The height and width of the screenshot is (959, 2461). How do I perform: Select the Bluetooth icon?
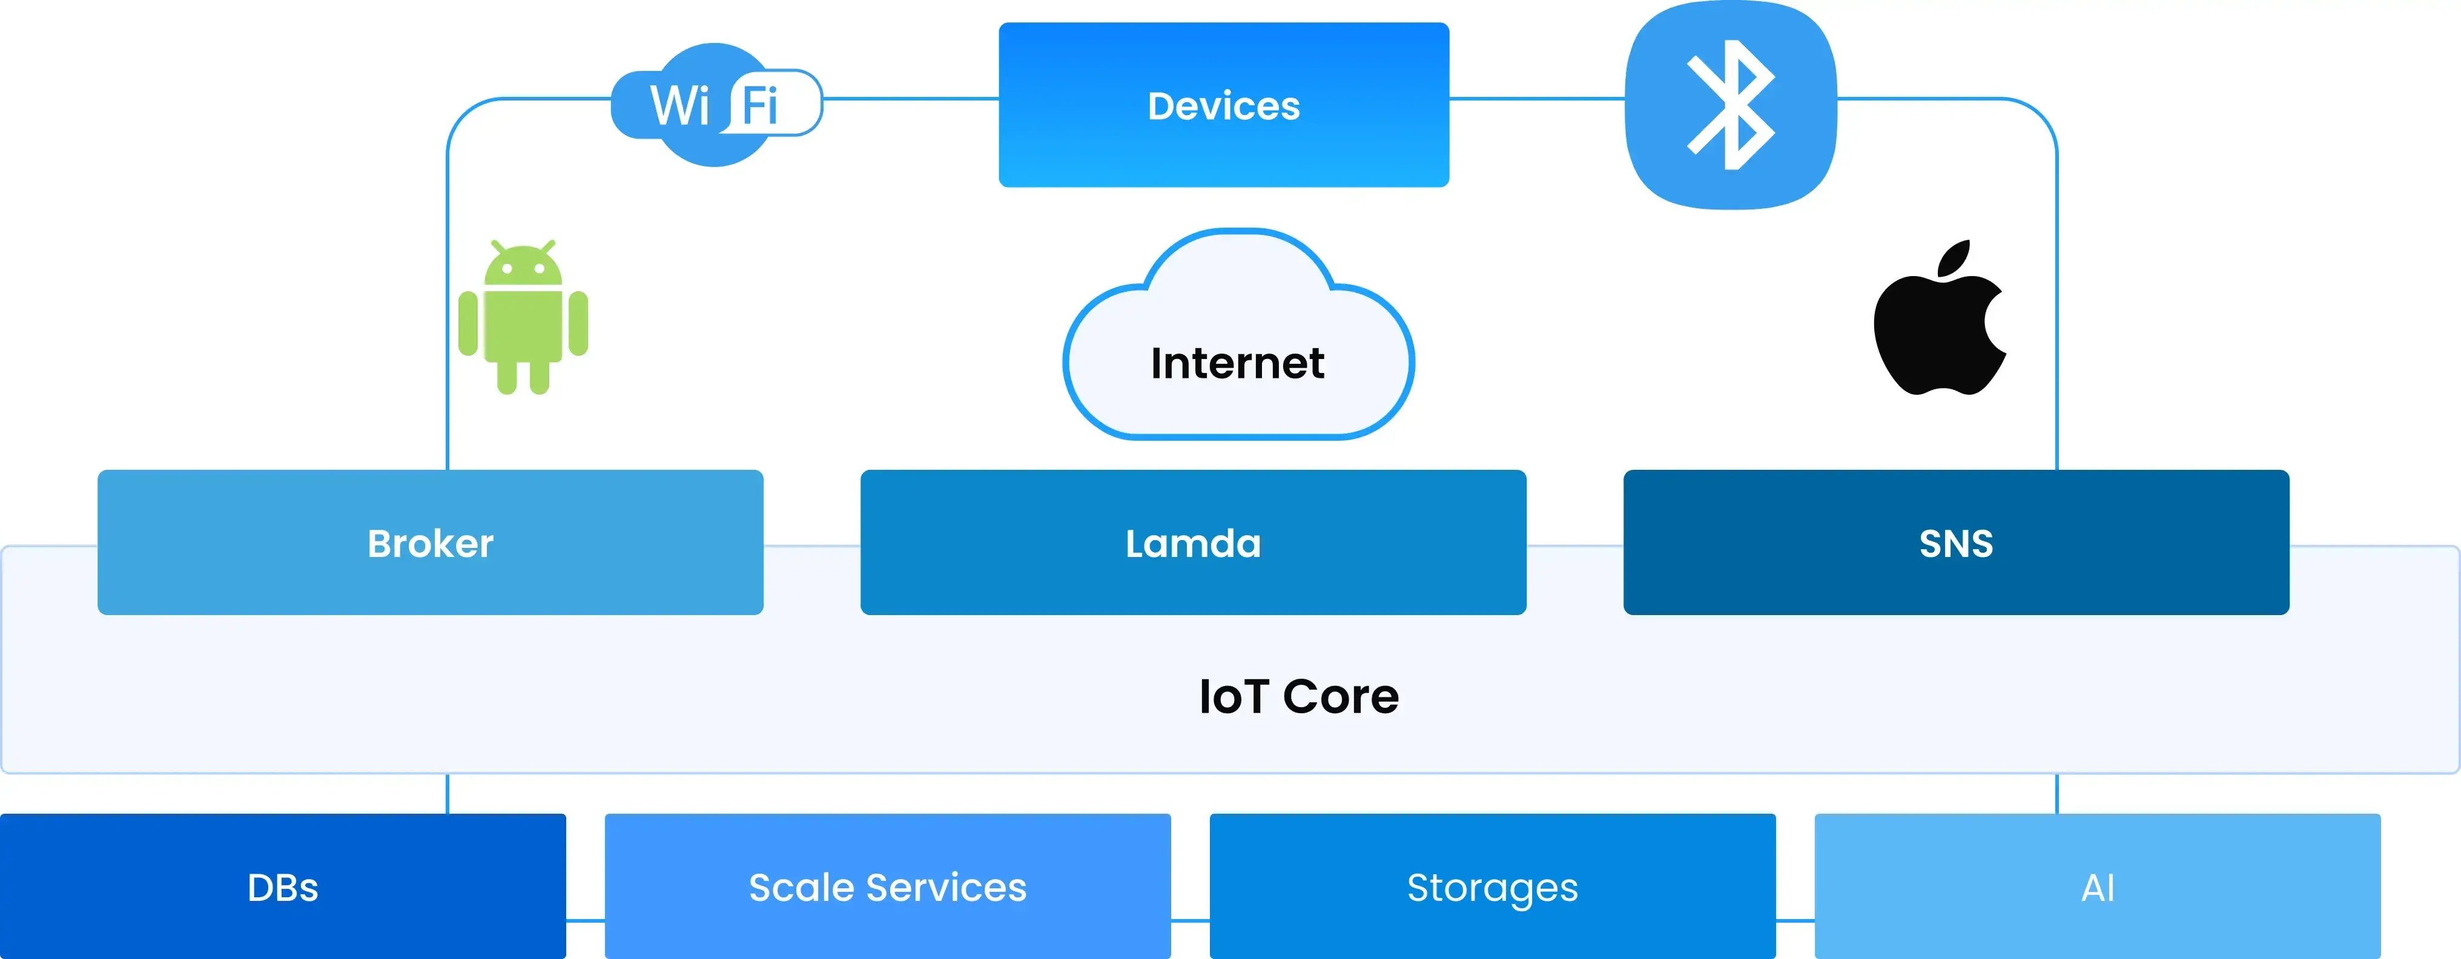[x=1730, y=105]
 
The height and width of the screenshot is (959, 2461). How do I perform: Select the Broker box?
[x=430, y=542]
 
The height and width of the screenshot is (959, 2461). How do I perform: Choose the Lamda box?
[x=1192, y=542]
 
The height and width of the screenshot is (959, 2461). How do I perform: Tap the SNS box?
[x=1955, y=542]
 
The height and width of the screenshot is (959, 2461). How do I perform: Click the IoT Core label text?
[x=1298, y=696]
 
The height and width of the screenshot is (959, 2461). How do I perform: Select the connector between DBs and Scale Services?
[x=586, y=921]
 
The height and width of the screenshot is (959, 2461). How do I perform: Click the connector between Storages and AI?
[x=1795, y=921]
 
